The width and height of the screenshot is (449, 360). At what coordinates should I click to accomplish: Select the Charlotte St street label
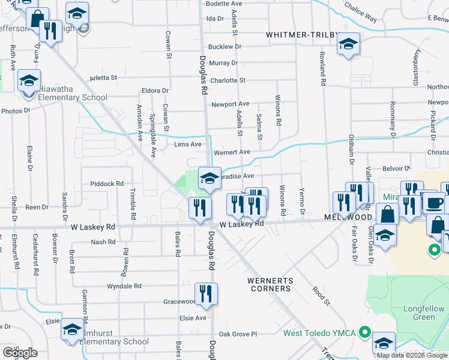[x=228, y=80]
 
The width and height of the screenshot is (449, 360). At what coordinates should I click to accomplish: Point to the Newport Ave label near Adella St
[x=230, y=104]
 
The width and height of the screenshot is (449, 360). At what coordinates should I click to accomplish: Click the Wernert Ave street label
[x=232, y=152]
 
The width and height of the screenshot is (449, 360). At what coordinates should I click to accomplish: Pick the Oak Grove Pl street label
[x=238, y=334]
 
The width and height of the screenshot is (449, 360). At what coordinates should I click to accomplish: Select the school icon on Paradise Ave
[x=209, y=178]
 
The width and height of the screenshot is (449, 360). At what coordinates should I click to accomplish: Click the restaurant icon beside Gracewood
[x=206, y=294]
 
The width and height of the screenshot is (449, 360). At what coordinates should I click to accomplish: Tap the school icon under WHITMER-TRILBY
[x=348, y=44]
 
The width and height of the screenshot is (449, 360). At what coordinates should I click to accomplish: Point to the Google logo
[x=20, y=353]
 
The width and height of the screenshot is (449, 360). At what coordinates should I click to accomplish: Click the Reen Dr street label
[x=37, y=207]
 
